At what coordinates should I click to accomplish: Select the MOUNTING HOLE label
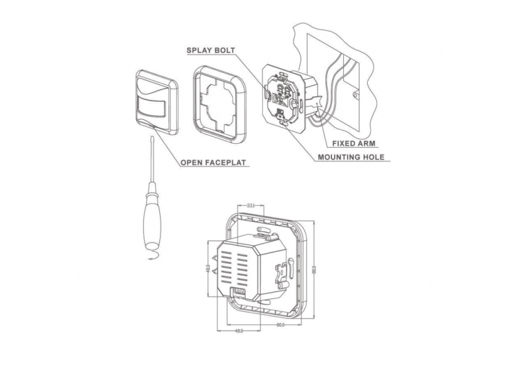point(351,157)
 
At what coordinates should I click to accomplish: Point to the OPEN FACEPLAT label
point(213,163)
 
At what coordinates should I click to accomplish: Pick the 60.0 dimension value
point(280,325)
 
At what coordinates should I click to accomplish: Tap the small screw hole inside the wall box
point(356,96)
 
